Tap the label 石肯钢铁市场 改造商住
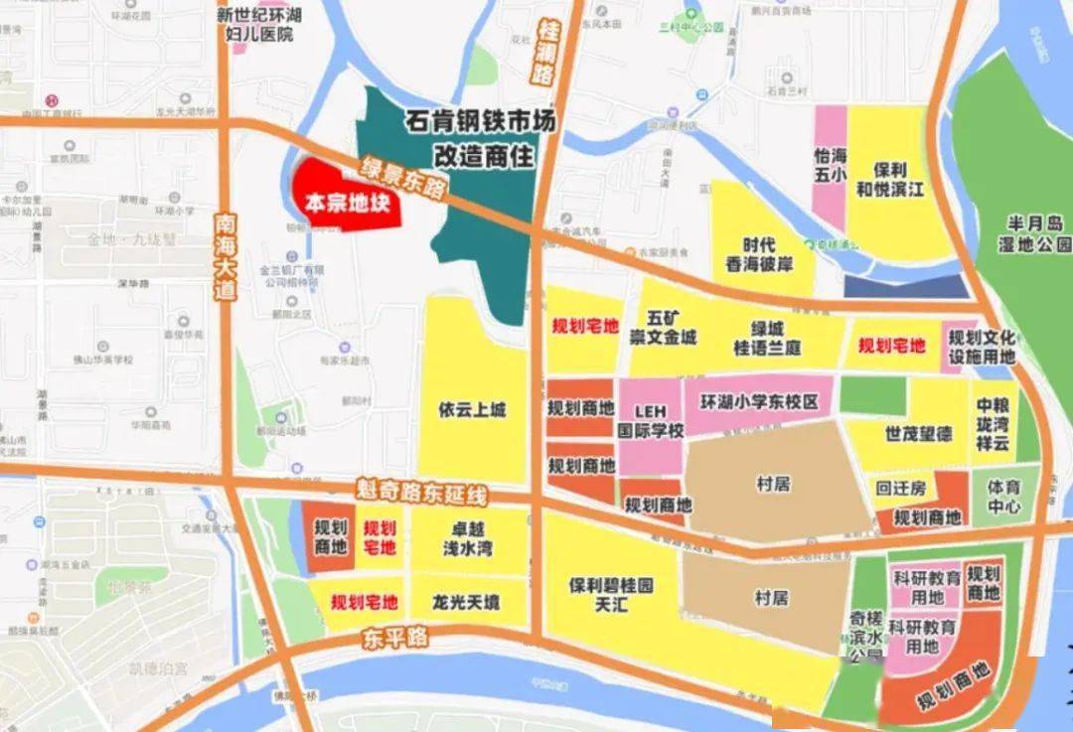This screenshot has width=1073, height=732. tap(480, 138)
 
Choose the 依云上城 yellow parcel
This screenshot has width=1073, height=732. tap(471, 409)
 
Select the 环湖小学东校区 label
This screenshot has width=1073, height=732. tap(759, 403)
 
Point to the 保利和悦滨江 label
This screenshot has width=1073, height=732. tap(891, 179)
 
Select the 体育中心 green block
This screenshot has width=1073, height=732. tap(1003, 497)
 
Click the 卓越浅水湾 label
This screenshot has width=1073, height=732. tap(470, 539)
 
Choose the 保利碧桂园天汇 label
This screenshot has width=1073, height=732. tap(611, 594)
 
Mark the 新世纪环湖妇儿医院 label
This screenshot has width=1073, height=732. tap(260, 24)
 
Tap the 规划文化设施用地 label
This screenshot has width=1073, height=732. tap(982, 346)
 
